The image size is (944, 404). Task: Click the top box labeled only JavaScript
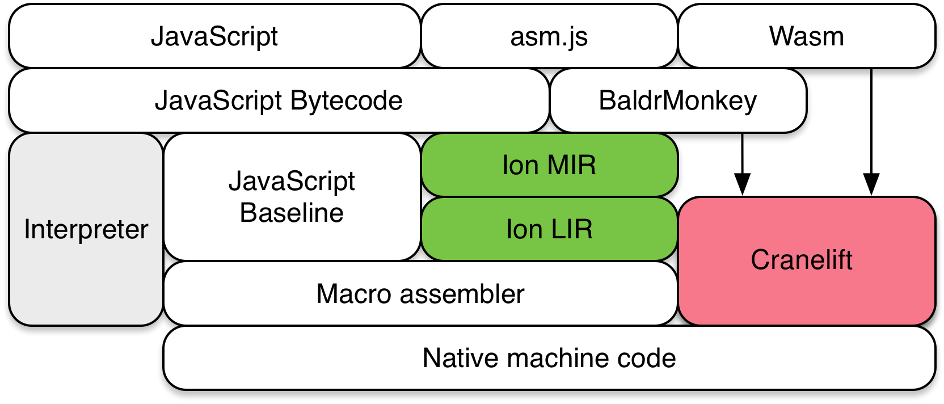coord(214,36)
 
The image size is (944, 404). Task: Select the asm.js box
coord(549,36)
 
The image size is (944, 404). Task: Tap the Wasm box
coord(806,36)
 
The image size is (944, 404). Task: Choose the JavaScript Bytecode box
coord(279,100)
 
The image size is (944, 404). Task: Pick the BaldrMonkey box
coord(678,100)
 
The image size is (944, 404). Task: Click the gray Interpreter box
coord(86,229)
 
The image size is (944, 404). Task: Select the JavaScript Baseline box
coord(292,197)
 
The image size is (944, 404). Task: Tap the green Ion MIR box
coord(549,165)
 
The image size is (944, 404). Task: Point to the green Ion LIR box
coord(549,229)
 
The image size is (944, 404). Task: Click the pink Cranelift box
coord(806,260)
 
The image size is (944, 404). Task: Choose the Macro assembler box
coord(420,294)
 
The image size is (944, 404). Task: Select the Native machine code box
coord(549,358)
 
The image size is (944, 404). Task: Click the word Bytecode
coord(346,100)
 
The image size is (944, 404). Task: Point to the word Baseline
coord(292,213)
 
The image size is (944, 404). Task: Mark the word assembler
coord(462,294)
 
